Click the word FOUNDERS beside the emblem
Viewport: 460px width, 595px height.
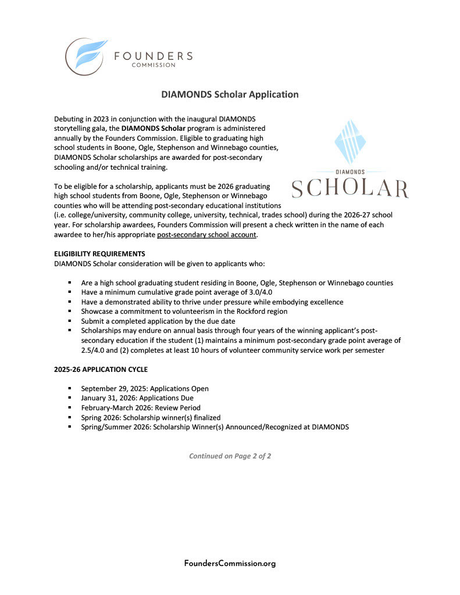pyautogui.click(x=153, y=56)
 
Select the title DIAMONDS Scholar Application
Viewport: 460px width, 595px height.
pyautogui.click(x=230, y=94)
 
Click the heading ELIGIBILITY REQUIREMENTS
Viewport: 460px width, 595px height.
pyautogui.click(x=99, y=254)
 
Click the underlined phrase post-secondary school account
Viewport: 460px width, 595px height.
pyautogui.click(x=206, y=235)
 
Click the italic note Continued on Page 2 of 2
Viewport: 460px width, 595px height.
pyautogui.click(x=230, y=456)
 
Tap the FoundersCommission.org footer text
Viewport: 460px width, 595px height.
pyautogui.click(x=230, y=563)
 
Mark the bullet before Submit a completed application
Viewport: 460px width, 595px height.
pyautogui.click(x=70, y=321)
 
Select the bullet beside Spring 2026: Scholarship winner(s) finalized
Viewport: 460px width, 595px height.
pyautogui.click(x=70, y=418)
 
